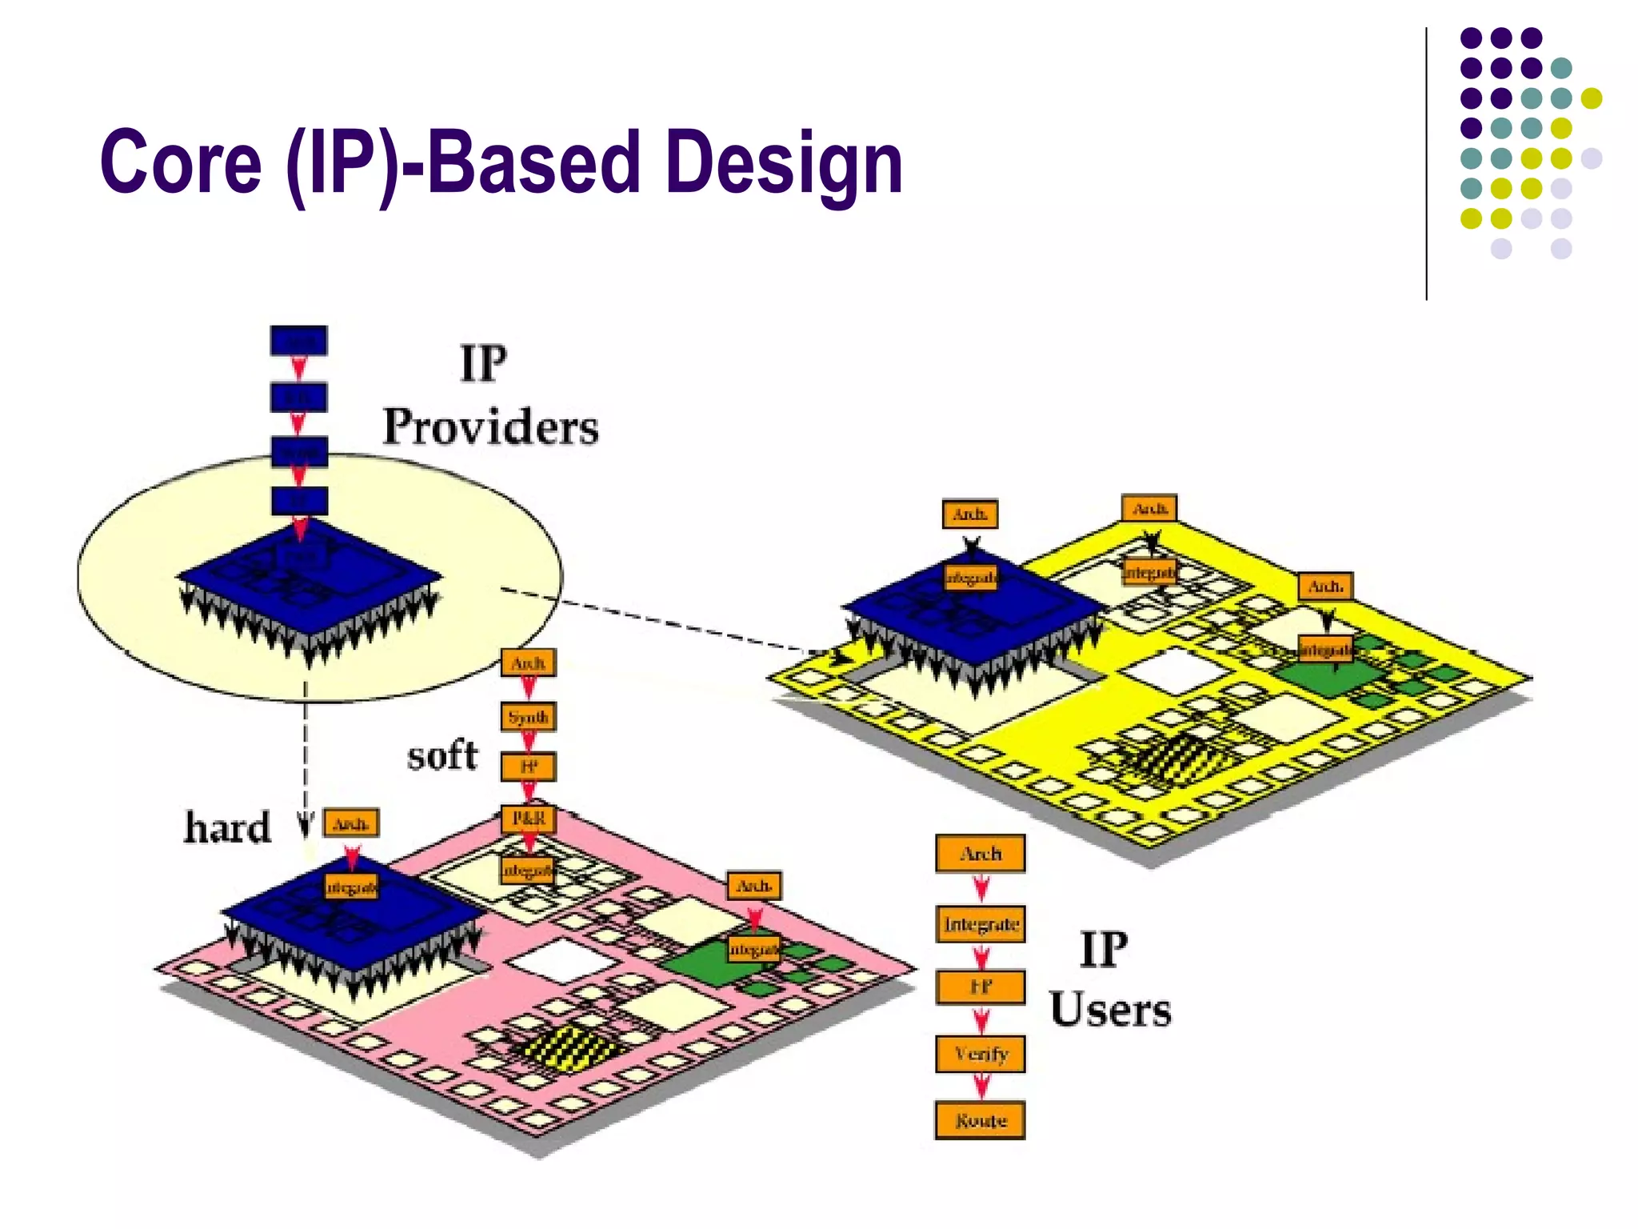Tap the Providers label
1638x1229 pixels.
point(490,426)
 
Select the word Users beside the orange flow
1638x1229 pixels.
point(1110,1010)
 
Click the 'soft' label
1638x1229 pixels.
point(442,755)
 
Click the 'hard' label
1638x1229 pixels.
point(228,827)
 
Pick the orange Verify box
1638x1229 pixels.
point(981,1054)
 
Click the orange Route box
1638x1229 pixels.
point(980,1120)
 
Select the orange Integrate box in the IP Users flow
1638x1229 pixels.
point(981,924)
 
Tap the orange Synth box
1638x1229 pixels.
point(528,717)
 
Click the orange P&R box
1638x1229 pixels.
point(528,819)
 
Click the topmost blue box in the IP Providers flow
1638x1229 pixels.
point(298,341)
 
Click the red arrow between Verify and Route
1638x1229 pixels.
point(981,1086)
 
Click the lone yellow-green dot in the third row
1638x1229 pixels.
point(1592,98)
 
